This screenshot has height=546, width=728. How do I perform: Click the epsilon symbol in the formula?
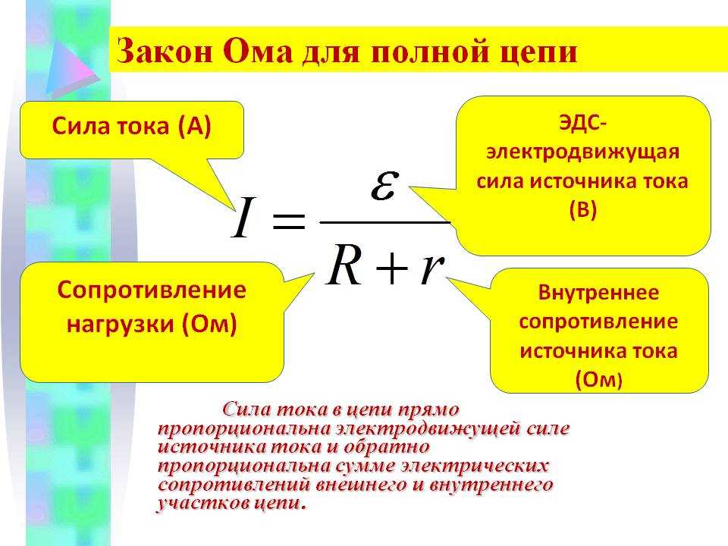pos(385,185)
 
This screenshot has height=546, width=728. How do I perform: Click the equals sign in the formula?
pos(289,221)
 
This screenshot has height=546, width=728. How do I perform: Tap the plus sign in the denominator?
pos(392,268)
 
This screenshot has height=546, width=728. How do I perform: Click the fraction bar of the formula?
pos(385,222)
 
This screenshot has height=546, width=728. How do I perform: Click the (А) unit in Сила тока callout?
pos(195,127)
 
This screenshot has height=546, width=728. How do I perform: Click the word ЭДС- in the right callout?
pos(582,124)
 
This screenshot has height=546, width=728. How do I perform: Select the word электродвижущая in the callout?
pos(582,152)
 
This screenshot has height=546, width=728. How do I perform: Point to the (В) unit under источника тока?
pos(582,209)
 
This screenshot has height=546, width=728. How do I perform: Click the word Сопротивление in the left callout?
pos(152,290)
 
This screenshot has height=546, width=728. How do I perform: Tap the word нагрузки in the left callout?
pos(121,324)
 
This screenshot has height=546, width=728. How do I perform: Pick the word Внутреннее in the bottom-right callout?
pos(598,293)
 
